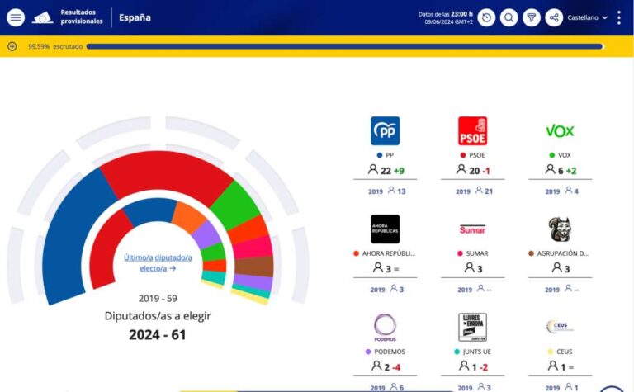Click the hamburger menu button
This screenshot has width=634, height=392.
click(x=16, y=17)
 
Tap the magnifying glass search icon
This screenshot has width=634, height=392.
click(x=509, y=17)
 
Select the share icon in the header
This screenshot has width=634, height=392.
click(x=554, y=17)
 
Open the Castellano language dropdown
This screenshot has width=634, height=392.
click(x=587, y=17)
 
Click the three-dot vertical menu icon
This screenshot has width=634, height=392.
click(x=619, y=17)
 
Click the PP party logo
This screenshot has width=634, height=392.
click(x=385, y=130)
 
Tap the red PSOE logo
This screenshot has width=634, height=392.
click(x=472, y=130)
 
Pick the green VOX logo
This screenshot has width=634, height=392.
click(x=560, y=130)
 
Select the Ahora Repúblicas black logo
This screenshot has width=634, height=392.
click(x=385, y=229)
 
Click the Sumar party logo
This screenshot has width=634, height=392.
click(x=472, y=229)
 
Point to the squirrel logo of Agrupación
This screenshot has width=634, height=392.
click(x=560, y=229)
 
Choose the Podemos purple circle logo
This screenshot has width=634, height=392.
click(x=385, y=327)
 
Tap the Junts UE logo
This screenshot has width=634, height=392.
click(x=472, y=327)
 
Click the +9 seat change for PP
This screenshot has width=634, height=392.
click(x=399, y=171)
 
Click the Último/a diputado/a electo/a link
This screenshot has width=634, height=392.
click(x=158, y=262)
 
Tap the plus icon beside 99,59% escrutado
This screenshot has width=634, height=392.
click(x=12, y=46)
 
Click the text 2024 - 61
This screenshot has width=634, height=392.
click(x=158, y=334)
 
